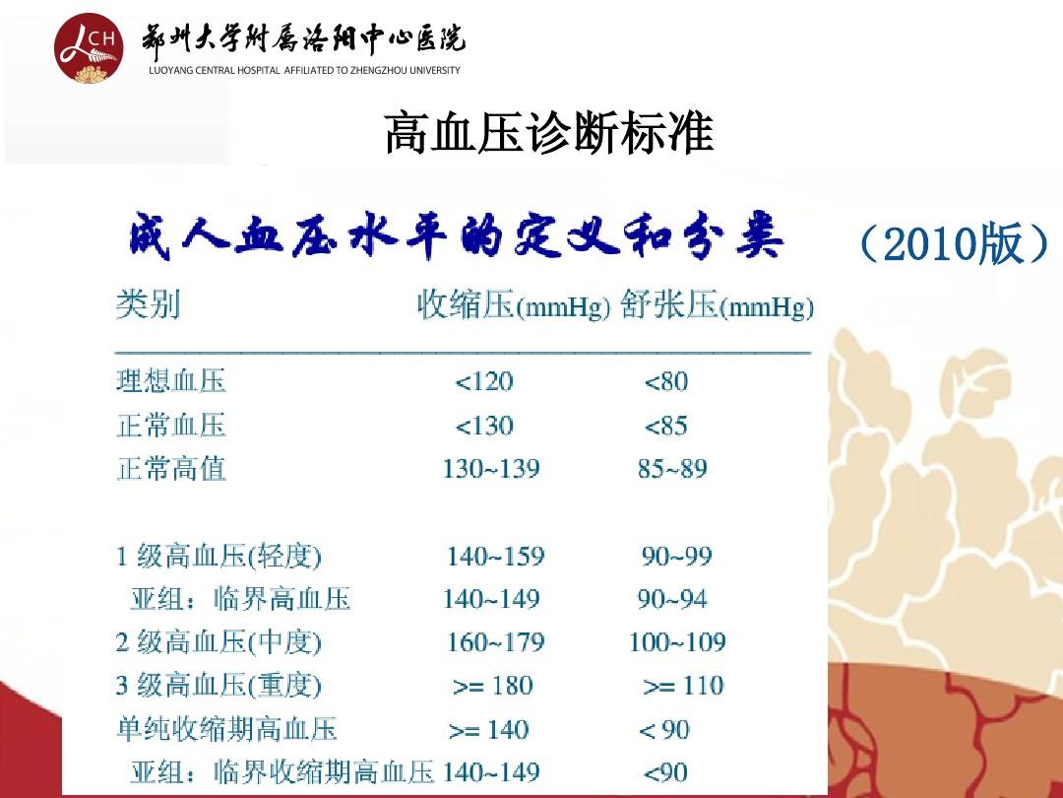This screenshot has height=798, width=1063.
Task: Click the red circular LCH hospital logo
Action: point(89,48)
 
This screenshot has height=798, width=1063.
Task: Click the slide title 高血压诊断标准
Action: point(549,133)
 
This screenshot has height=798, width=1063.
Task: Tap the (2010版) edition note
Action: point(953,243)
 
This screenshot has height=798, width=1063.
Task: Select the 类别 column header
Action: point(148,303)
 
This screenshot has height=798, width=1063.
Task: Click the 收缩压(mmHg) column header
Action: point(514,304)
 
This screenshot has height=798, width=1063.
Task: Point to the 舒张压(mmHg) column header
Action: point(717,304)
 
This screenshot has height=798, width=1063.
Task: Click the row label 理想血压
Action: point(171,381)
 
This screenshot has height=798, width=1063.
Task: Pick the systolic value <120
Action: point(484,382)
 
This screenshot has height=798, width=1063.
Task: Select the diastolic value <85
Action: point(665,427)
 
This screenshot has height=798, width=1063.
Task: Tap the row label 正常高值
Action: point(171,469)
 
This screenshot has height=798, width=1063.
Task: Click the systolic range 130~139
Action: point(491,469)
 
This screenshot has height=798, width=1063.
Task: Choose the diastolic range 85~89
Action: point(672,469)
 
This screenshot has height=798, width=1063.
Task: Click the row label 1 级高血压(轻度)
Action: point(219,557)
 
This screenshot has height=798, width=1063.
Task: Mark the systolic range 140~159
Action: point(495,557)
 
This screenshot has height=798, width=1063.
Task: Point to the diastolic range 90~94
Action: point(672,599)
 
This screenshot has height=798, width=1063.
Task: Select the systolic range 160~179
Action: point(495,642)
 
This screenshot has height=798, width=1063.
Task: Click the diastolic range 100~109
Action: point(677,642)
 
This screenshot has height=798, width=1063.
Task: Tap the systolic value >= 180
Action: point(493,686)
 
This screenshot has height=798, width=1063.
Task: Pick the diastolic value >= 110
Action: point(683,686)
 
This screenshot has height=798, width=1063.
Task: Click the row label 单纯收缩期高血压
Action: point(226,729)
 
